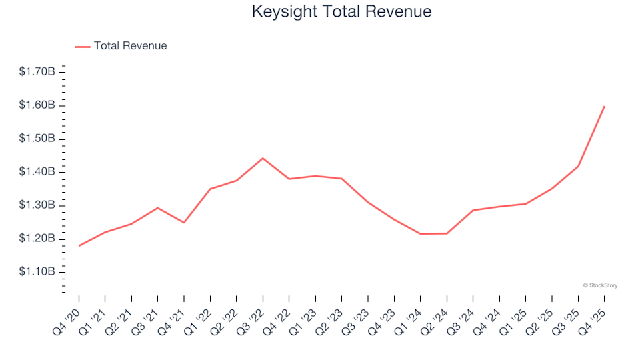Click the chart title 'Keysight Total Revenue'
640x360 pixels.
(341, 12)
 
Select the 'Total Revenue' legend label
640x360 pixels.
(130, 46)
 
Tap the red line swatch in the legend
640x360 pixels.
(83, 47)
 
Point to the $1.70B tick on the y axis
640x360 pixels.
(37, 71)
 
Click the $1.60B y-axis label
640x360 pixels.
(37, 105)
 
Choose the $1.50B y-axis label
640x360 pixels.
(37, 139)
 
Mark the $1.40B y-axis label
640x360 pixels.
(37, 172)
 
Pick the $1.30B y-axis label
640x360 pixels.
(37, 205)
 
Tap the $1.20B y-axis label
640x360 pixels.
(37, 239)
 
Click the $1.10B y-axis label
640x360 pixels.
(37, 272)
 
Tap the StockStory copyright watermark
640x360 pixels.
(600, 285)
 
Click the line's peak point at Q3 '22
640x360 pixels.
(263, 158)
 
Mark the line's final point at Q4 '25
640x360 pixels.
(604, 106)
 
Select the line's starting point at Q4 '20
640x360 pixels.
(79, 246)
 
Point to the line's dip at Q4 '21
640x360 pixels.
(184, 223)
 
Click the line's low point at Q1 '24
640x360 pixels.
(421, 234)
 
